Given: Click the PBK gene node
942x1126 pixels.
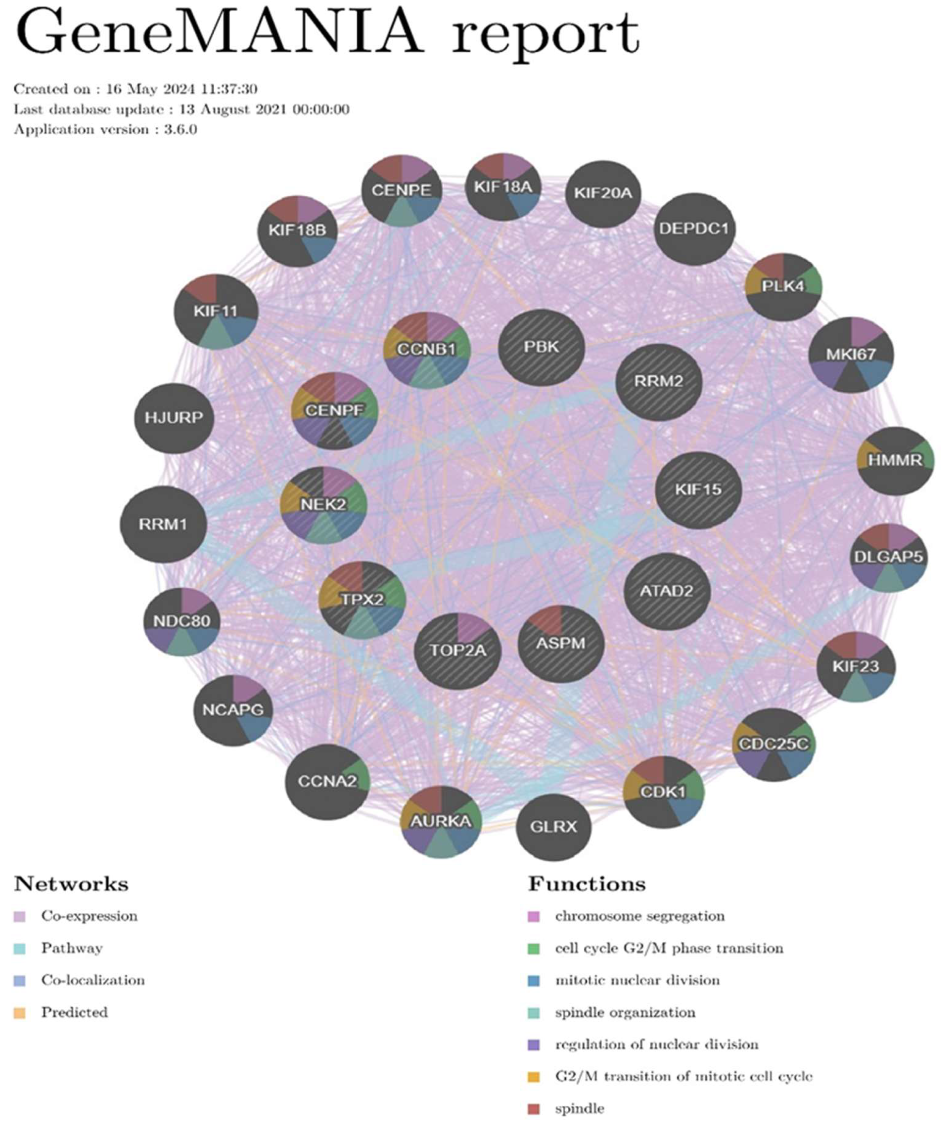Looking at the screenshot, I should (541, 348).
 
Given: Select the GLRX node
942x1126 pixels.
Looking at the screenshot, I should (553, 826).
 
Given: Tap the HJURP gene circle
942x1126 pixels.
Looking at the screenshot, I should (174, 418).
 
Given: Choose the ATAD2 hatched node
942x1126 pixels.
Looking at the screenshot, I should (666, 591).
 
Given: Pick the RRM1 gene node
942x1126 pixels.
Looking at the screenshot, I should (163, 524).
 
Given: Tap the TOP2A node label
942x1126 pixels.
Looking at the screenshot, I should (458, 650).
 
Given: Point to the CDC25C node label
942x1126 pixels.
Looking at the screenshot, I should (773, 744).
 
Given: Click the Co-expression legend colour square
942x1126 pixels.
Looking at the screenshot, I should (20, 916).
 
